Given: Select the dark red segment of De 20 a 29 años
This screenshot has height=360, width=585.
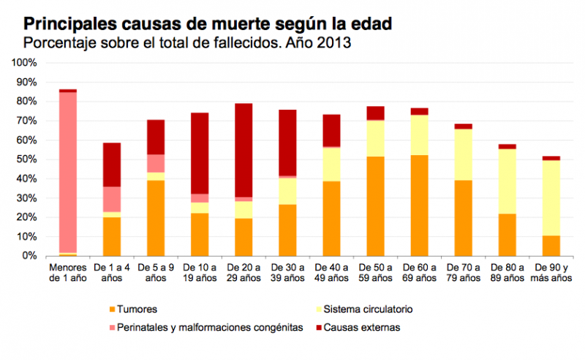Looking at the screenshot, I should coord(243,150).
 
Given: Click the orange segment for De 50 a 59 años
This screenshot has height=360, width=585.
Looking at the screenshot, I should coord(375,206).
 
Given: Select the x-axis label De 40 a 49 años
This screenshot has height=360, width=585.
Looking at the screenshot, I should coord(331,272).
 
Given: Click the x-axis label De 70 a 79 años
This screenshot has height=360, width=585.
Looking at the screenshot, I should coord(463,272).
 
